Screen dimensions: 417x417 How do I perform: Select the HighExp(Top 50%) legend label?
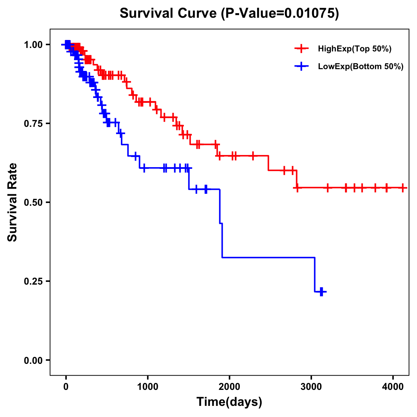tap(355, 49)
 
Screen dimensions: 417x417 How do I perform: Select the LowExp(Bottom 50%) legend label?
tap(361, 67)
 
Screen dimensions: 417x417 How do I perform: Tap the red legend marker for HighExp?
tap(302, 49)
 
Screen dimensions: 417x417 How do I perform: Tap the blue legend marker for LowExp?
tap(302, 66)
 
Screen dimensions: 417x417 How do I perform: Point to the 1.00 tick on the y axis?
tap(33, 44)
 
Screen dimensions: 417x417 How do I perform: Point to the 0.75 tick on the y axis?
tap(33, 123)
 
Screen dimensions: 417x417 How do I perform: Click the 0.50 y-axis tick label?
tap(33, 202)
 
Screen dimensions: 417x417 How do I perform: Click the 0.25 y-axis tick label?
tap(33, 281)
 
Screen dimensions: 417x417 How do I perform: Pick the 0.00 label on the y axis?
tap(33, 360)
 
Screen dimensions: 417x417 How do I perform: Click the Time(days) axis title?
tap(229, 402)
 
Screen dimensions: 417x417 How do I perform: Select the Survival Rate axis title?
tap(13, 202)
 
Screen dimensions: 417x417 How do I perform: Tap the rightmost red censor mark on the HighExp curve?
tap(402, 188)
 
